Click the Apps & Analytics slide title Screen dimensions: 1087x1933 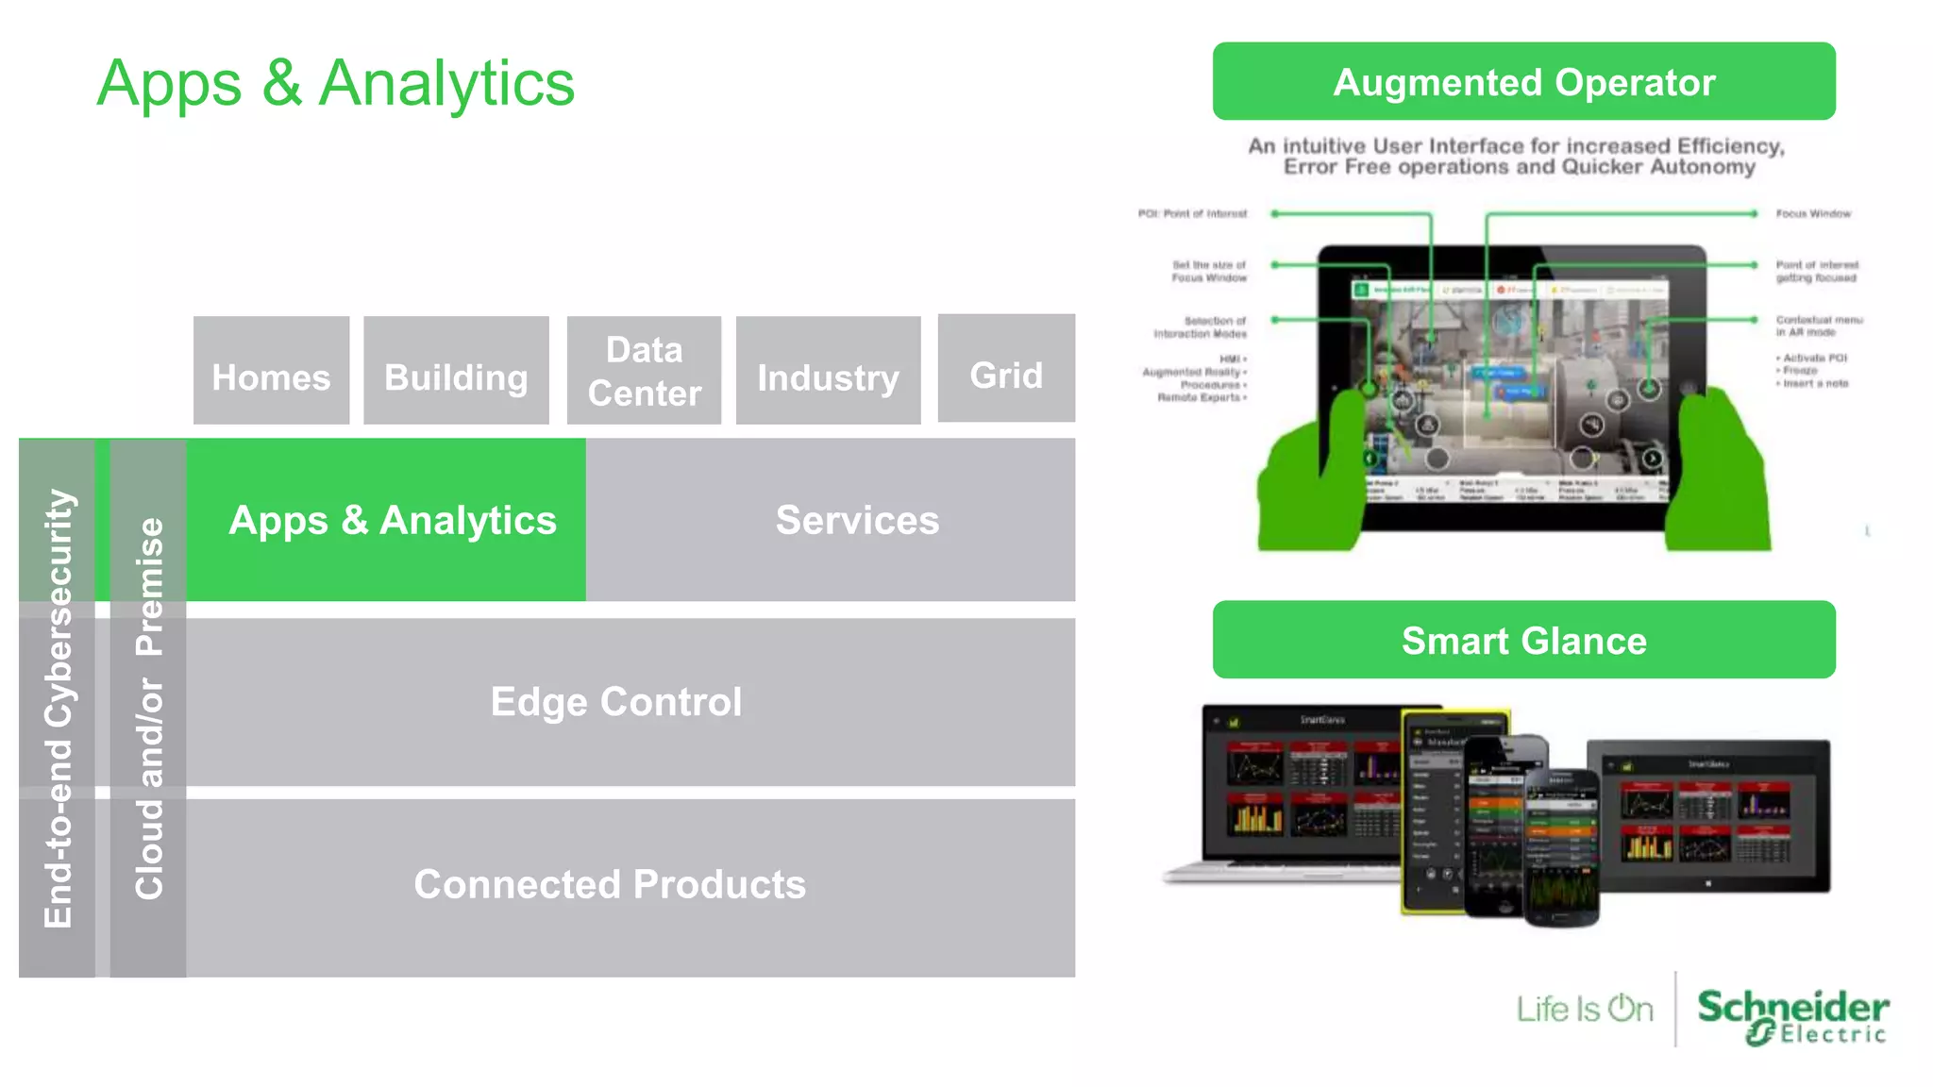tap(335, 83)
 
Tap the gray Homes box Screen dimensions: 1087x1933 tap(271, 371)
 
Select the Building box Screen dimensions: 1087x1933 tap(456, 371)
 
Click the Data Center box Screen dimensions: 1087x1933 tap(644, 371)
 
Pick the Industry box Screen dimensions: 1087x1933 tap(828, 371)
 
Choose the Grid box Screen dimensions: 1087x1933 tap(1006, 369)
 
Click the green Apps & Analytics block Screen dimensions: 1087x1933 tap(392, 520)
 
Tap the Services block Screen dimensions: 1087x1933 tap(857, 520)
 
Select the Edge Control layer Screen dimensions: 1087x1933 tap(616, 702)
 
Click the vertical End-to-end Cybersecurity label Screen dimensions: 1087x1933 tap(58, 708)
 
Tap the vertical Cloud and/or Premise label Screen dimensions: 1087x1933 tap(149, 708)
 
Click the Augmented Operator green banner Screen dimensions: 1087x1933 tap(1523, 82)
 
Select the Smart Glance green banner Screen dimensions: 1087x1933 tap(1523, 641)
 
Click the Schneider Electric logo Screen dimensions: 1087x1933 tap(1791, 1015)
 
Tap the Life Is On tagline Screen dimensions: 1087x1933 tap(1585, 1010)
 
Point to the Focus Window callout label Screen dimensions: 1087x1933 tap(1812, 214)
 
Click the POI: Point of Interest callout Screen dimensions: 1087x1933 tap(1192, 214)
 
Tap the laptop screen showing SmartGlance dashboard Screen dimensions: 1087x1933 tap(1303, 783)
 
